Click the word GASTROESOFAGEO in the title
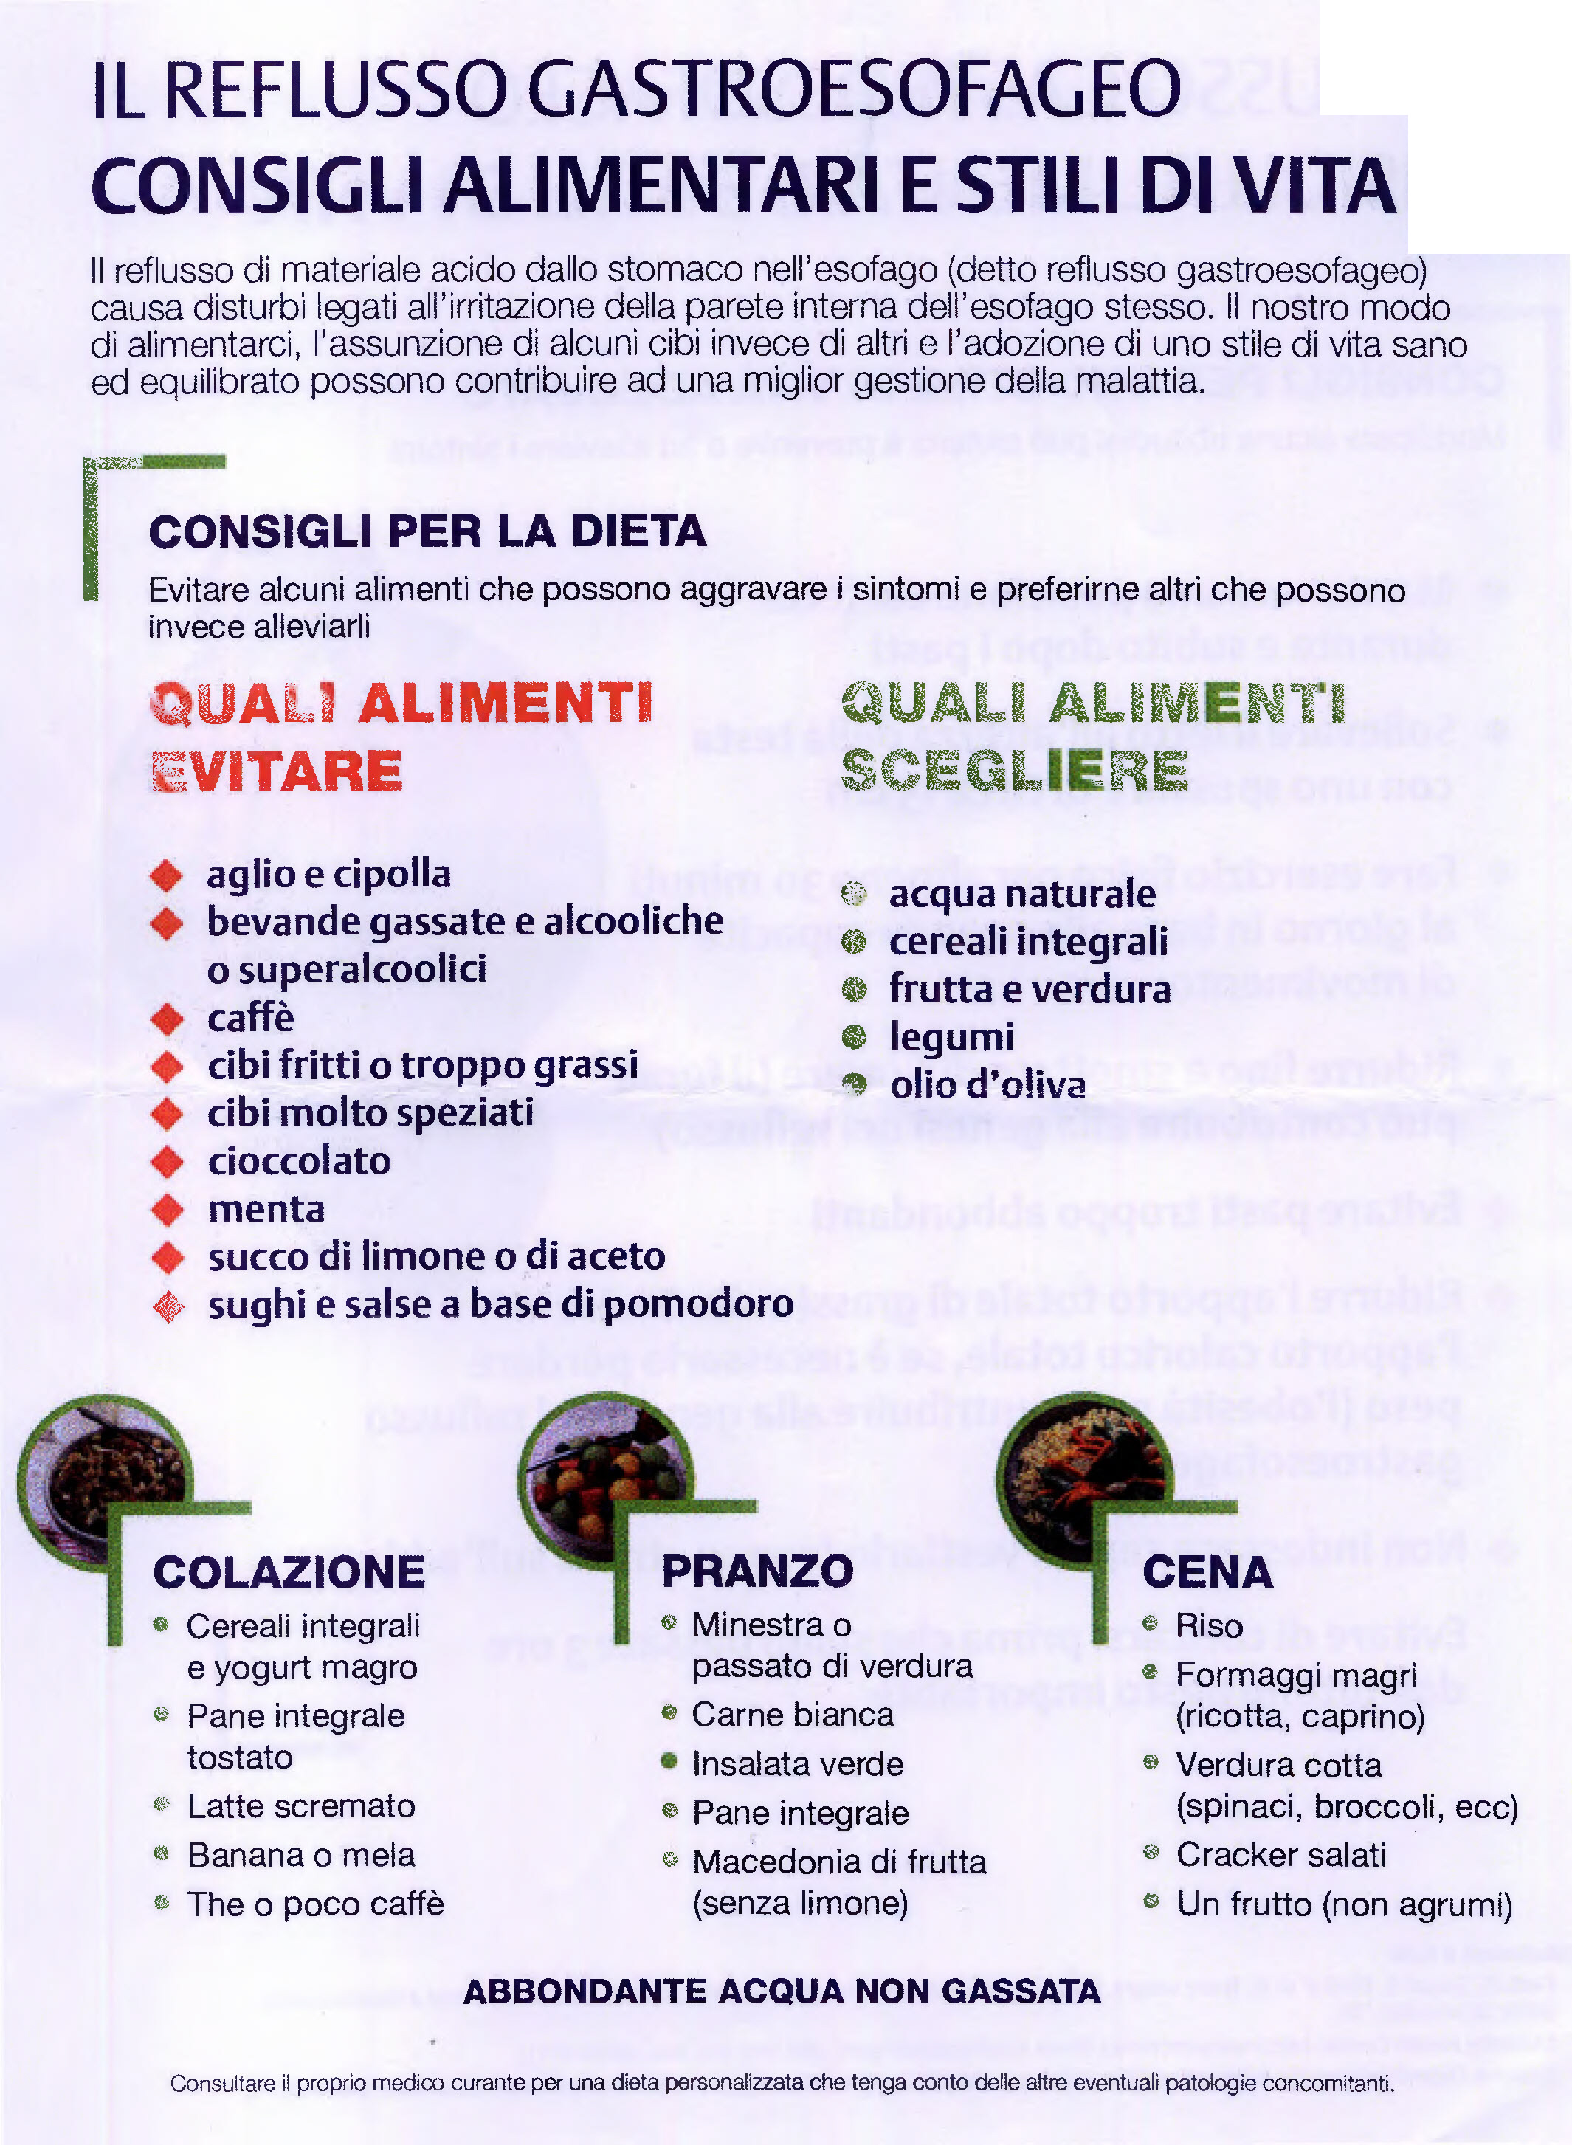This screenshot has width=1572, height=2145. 854,89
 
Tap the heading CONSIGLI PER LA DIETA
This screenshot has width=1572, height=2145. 427,531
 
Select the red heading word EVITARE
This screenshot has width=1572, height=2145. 277,771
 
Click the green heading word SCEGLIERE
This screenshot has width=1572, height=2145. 1014,771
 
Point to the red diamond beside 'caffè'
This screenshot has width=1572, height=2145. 168,1019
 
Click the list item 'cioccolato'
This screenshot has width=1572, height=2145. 299,1161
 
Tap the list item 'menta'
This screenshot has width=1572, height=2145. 266,1210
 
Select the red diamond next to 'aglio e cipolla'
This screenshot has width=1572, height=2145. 167,875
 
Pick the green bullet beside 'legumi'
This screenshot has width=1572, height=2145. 855,1036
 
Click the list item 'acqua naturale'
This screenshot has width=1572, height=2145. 1022,895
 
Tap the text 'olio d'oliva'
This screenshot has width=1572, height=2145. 987,1085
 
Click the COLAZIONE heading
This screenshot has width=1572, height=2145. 289,1572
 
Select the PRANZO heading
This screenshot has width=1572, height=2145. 757,1571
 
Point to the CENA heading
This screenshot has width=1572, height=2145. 1207,1572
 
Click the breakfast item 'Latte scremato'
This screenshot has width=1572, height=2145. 300,1805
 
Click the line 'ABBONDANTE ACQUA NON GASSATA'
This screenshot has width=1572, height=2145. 782,1991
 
